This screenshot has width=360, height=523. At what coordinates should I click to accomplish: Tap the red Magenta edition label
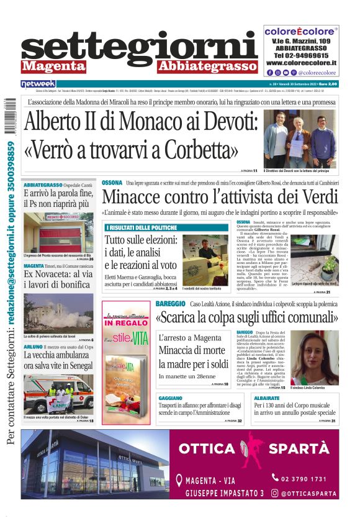[x=53, y=66]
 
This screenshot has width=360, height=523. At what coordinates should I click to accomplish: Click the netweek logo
[x=38, y=83]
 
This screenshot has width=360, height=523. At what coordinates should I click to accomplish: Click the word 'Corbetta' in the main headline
[x=199, y=150]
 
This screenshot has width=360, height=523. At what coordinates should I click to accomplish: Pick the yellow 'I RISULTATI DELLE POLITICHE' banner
[x=140, y=228]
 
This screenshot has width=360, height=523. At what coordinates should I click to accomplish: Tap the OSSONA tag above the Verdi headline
[x=112, y=183]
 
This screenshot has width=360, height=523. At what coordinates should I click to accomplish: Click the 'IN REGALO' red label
[x=126, y=323]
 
